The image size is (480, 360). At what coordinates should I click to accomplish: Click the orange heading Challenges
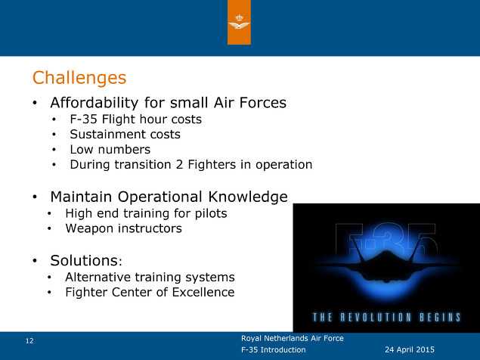tap(79, 78)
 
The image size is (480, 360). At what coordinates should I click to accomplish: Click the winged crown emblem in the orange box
tap(239, 22)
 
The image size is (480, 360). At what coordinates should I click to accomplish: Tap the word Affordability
tap(94, 103)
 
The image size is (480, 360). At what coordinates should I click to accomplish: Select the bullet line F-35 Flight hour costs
tap(135, 119)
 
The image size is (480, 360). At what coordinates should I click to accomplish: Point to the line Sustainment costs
tap(125, 135)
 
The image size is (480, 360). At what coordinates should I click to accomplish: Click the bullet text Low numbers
tap(110, 150)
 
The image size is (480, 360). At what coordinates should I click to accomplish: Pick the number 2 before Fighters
tap(179, 165)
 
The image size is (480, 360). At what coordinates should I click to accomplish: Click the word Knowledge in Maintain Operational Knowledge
tap(248, 197)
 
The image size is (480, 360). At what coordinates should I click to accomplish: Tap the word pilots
tap(211, 213)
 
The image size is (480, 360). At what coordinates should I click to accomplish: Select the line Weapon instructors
tap(124, 228)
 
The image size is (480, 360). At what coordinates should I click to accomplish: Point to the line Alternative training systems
tap(150, 278)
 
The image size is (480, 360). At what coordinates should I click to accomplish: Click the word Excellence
tap(203, 292)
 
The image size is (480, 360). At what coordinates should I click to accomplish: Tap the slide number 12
tap(29, 341)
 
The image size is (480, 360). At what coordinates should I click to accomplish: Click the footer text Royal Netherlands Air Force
tap(293, 338)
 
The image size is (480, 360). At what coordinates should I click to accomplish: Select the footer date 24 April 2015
tap(410, 349)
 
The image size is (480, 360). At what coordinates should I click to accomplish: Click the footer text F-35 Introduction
tap(274, 349)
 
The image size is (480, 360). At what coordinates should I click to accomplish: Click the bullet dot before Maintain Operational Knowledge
tap(35, 197)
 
